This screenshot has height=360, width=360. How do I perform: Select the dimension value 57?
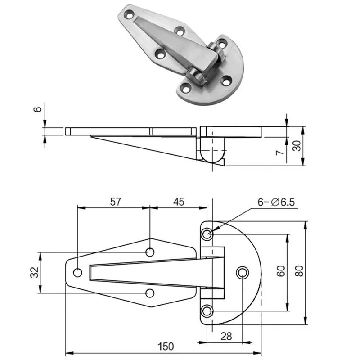[115, 202]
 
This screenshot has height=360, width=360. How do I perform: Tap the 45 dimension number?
[179, 202]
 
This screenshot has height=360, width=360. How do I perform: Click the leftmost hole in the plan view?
[77, 272]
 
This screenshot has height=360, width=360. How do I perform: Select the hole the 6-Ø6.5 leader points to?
[207, 234]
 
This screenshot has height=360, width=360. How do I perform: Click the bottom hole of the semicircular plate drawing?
[207, 310]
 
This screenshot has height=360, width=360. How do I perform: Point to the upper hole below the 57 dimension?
[150, 252]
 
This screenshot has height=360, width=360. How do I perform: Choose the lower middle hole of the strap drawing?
[150, 293]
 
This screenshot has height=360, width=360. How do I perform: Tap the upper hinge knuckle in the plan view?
[212, 252]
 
